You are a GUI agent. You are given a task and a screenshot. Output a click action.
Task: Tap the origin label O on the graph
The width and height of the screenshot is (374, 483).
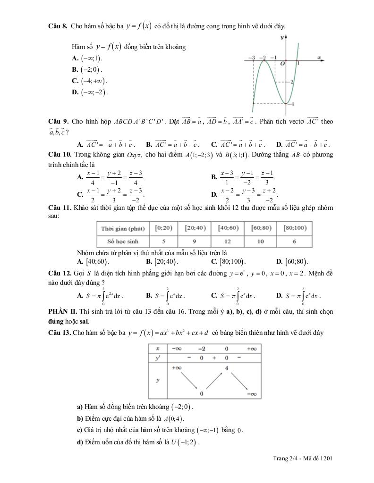[x=282, y=64]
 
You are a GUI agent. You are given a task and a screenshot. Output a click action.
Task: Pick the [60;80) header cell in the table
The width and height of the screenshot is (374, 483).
[x=261, y=228]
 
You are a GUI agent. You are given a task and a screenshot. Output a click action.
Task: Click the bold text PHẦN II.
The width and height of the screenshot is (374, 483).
[x=64, y=312]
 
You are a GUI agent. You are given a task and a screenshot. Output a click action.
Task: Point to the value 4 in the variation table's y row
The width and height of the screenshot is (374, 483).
[x=227, y=367]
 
